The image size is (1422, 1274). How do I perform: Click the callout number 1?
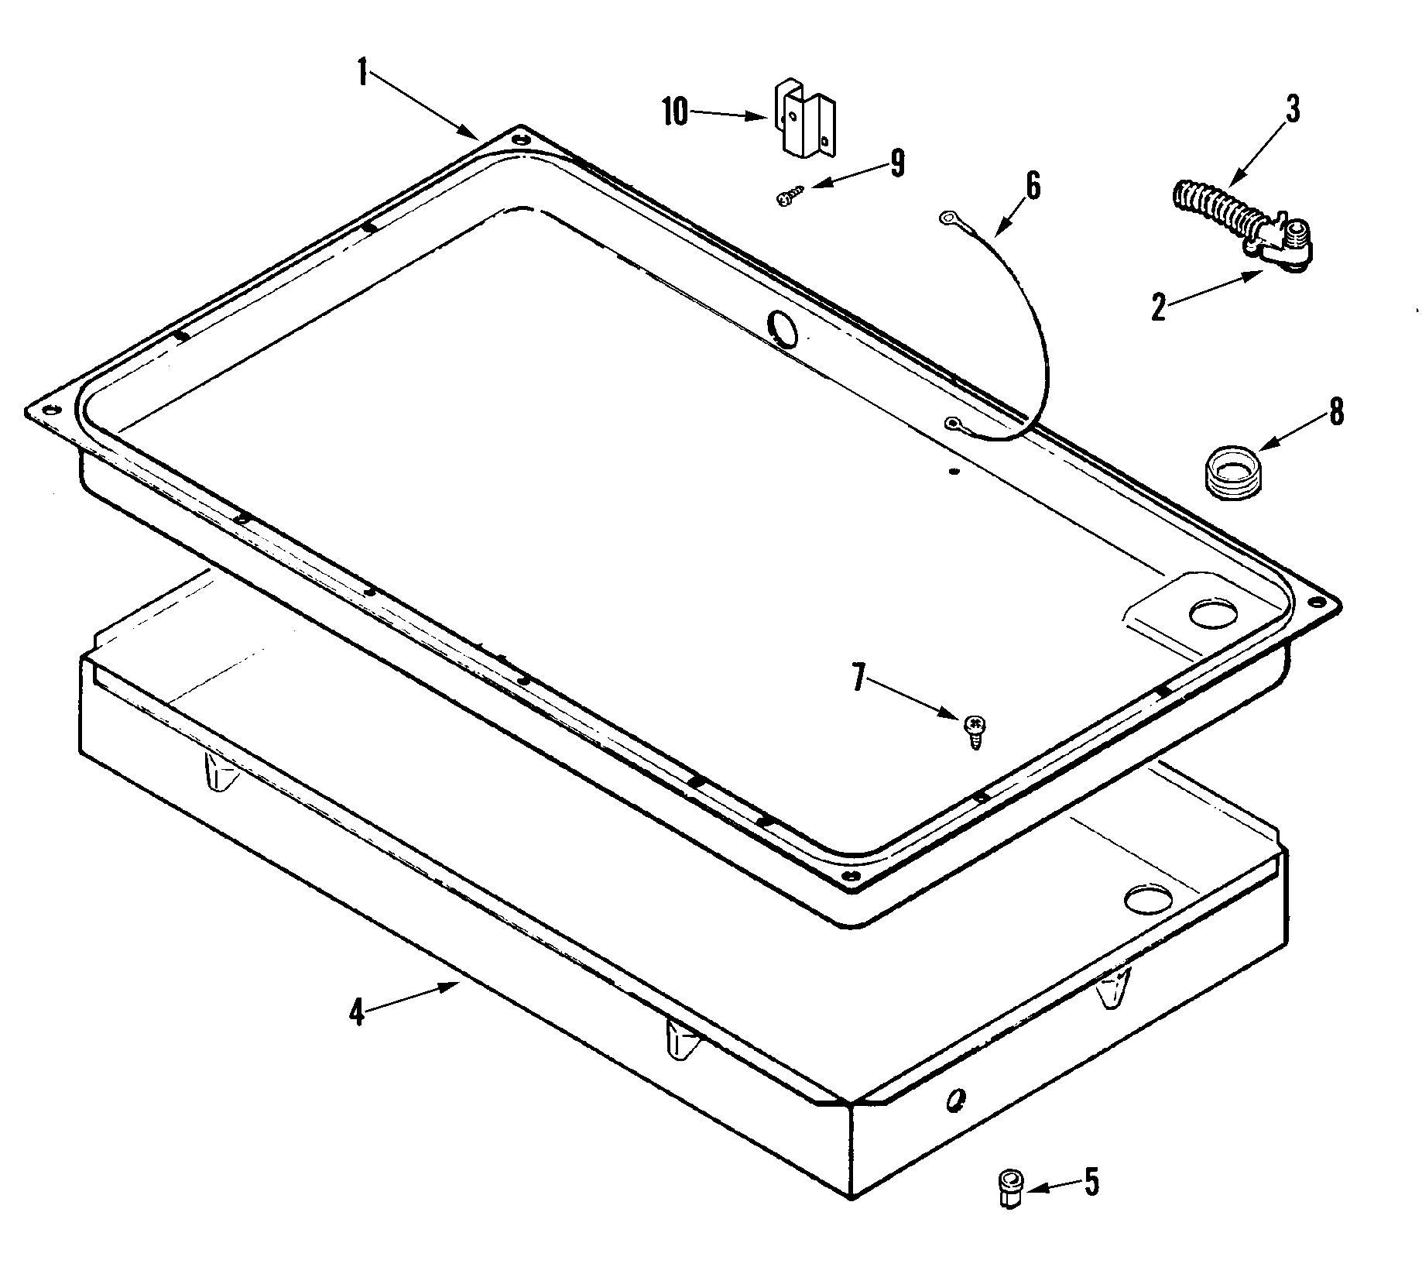[361, 72]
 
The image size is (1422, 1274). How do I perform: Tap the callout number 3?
[1292, 109]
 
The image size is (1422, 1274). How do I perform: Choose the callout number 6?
[1033, 187]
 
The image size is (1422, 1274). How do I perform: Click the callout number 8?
[1337, 411]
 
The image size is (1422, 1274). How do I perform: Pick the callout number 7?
[857, 678]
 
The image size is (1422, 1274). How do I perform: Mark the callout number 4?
[356, 1011]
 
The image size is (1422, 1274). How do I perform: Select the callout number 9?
[896, 163]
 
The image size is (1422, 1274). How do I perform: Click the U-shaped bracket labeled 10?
[805, 124]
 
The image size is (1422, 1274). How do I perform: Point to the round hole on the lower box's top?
[1149, 898]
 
